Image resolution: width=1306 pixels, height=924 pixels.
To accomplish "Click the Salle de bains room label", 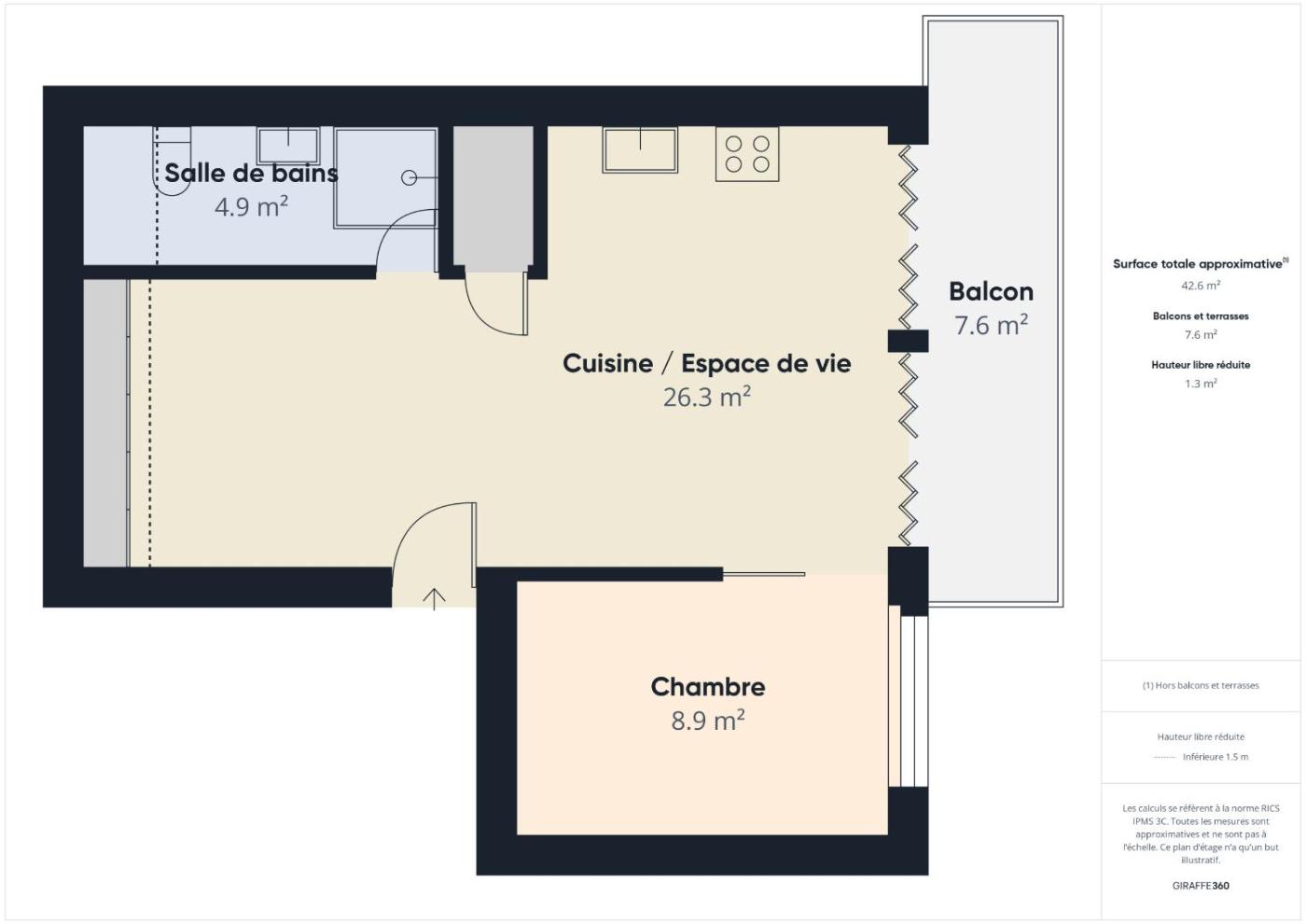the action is [251, 174].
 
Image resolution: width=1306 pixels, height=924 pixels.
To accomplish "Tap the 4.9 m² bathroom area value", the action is [251, 206].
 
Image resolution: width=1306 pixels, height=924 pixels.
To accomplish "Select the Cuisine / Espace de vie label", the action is [707, 363].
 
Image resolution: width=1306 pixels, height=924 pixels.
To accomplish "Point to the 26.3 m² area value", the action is [707, 397].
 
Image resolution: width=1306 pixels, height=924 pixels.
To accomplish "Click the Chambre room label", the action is [708, 687].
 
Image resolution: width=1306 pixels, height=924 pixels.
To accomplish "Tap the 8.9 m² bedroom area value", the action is [708, 721].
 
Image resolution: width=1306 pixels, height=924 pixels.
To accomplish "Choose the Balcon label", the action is [991, 291].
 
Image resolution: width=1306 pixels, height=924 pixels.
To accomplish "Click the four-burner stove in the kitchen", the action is [747, 154].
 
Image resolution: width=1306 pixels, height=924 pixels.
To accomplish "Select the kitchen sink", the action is [640, 150].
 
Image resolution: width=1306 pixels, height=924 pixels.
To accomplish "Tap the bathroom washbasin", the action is [288, 146].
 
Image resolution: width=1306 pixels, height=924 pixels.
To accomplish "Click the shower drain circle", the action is [410, 178].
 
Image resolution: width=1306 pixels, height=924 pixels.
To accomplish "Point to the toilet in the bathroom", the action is [172, 161].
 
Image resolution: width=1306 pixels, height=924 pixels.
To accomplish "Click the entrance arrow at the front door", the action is [435, 599].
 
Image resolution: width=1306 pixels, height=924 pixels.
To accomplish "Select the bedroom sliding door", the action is [764, 575].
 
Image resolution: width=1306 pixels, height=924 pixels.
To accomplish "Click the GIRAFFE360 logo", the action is [1201, 886].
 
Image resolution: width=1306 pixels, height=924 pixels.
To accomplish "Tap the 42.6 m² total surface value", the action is [1201, 286].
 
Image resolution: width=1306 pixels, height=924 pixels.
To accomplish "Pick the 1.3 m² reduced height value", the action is [1201, 384].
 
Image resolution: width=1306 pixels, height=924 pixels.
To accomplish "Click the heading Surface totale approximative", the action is [1198, 264].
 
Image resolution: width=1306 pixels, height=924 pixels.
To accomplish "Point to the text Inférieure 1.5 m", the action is [1216, 757].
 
